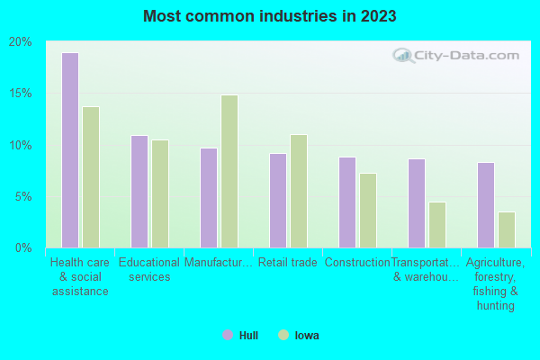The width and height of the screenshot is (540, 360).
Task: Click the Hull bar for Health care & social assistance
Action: click(x=69, y=150)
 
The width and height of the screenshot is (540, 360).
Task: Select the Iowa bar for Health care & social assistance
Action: click(x=91, y=177)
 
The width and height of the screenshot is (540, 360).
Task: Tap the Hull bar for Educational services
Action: click(x=139, y=192)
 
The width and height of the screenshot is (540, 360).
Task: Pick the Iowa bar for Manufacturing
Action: click(x=229, y=171)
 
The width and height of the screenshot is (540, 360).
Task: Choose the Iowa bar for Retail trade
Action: click(x=299, y=191)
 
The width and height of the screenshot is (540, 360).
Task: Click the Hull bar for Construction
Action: click(x=346, y=202)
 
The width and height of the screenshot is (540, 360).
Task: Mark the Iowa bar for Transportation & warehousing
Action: click(x=437, y=225)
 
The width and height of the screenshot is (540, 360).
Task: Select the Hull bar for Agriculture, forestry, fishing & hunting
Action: click(x=485, y=205)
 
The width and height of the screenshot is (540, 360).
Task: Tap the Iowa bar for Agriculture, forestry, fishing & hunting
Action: click(x=507, y=229)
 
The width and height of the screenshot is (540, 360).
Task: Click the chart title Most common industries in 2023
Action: click(x=269, y=16)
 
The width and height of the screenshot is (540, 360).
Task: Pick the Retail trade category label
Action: click(x=287, y=263)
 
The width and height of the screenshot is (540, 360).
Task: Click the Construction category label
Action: click(x=357, y=263)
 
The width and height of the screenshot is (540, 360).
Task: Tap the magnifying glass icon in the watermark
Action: click(x=403, y=56)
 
